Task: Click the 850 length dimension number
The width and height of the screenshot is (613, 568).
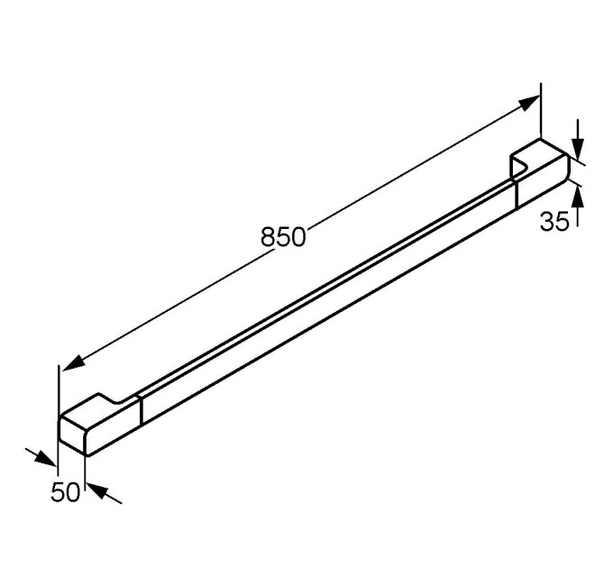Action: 283,236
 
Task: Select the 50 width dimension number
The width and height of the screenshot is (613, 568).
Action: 65,491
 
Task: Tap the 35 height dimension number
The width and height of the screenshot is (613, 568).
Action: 554,221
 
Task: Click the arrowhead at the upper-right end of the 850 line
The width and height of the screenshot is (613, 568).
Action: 530,103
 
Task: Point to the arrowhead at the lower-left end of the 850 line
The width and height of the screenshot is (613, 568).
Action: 74,362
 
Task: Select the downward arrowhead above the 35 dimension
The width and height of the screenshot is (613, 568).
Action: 578,149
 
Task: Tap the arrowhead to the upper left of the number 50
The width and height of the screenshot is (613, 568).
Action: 46,459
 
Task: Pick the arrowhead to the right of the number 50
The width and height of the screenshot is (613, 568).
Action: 97,491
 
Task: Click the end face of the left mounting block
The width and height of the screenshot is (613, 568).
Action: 72,435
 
